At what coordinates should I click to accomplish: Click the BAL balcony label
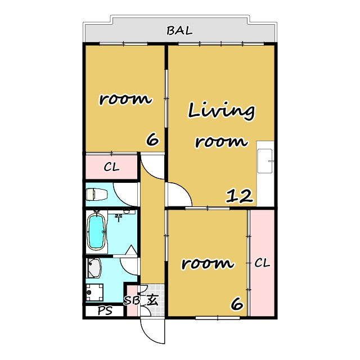click(179, 31)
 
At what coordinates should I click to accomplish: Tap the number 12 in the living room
click(240, 196)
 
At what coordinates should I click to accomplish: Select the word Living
click(221, 111)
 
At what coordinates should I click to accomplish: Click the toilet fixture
click(97, 194)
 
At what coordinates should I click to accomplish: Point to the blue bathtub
click(96, 232)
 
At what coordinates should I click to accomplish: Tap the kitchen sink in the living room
click(265, 161)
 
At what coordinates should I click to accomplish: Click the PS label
click(105, 310)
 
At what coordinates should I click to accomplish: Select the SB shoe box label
click(132, 300)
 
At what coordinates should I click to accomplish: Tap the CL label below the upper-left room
click(111, 167)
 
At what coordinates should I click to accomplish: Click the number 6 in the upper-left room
click(152, 139)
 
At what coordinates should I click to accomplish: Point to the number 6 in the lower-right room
click(237, 304)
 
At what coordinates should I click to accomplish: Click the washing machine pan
click(94, 292)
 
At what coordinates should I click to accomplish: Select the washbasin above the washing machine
click(94, 268)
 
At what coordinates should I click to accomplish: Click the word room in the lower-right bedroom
click(208, 263)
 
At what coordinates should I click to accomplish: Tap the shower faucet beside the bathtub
click(119, 217)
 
